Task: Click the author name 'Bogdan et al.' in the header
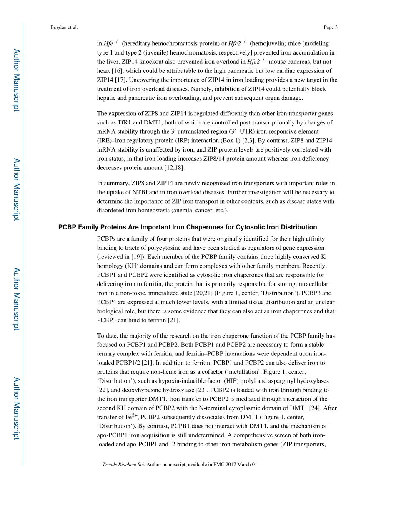64,27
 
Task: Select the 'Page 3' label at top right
330,27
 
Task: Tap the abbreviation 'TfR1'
119,122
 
